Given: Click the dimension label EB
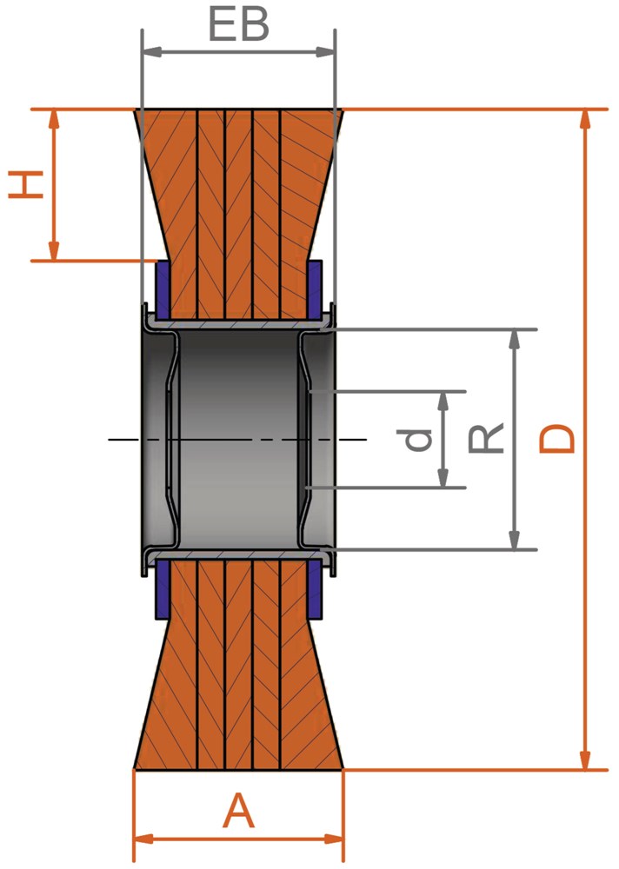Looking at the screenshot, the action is pyautogui.click(x=238, y=25).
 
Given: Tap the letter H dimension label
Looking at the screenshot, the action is pyautogui.click(x=26, y=184).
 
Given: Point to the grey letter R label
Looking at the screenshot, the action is pyautogui.click(x=486, y=437).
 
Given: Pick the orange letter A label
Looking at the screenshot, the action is pyautogui.click(x=238, y=810).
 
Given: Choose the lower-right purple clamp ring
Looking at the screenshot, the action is pyautogui.click(x=315, y=588).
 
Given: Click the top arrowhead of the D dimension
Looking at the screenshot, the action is pyautogui.click(x=585, y=119).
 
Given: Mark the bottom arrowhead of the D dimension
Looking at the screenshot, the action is pyautogui.click(x=585, y=760).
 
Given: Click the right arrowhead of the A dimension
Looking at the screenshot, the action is pyautogui.click(x=335, y=838).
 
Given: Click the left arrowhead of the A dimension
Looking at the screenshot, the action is pyautogui.click(x=144, y=838).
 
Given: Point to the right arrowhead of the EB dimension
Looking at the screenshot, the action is pyautogui.click(x=326, y=52).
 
